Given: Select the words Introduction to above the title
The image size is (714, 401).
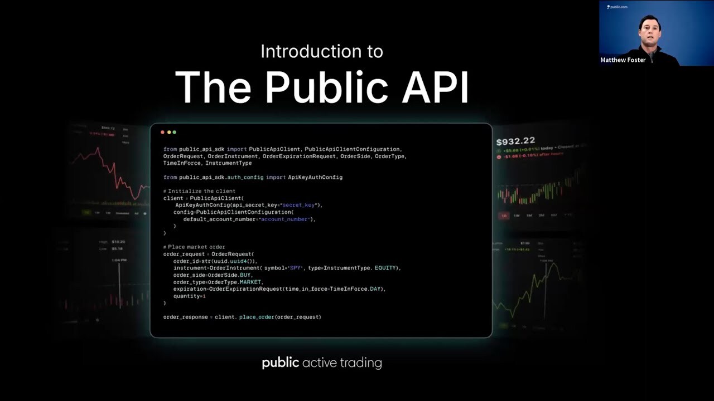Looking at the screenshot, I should [x=322, y=52].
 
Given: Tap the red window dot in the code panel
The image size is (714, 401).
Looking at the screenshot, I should [x=162, y=132].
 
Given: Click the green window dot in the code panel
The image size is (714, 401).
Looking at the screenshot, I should [x=175, y=132].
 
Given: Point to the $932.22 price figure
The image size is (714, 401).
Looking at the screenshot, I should [x=515, y=141].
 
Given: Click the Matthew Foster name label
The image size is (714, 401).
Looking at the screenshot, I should [x=623, y=60].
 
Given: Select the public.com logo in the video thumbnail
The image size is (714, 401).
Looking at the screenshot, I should [x=617, y=7].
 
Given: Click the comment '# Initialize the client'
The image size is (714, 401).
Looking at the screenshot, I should [x=199, y=191].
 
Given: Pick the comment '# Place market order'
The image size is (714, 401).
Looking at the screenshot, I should [x=194, y=247].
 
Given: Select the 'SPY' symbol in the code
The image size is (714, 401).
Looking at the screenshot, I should [x=295, y=268].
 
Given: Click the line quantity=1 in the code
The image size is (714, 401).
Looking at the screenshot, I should [x=190, y=296].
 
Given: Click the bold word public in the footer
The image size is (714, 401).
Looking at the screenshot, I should [x=281, y=363].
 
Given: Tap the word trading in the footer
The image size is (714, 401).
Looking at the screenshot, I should [x=363, y=363].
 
